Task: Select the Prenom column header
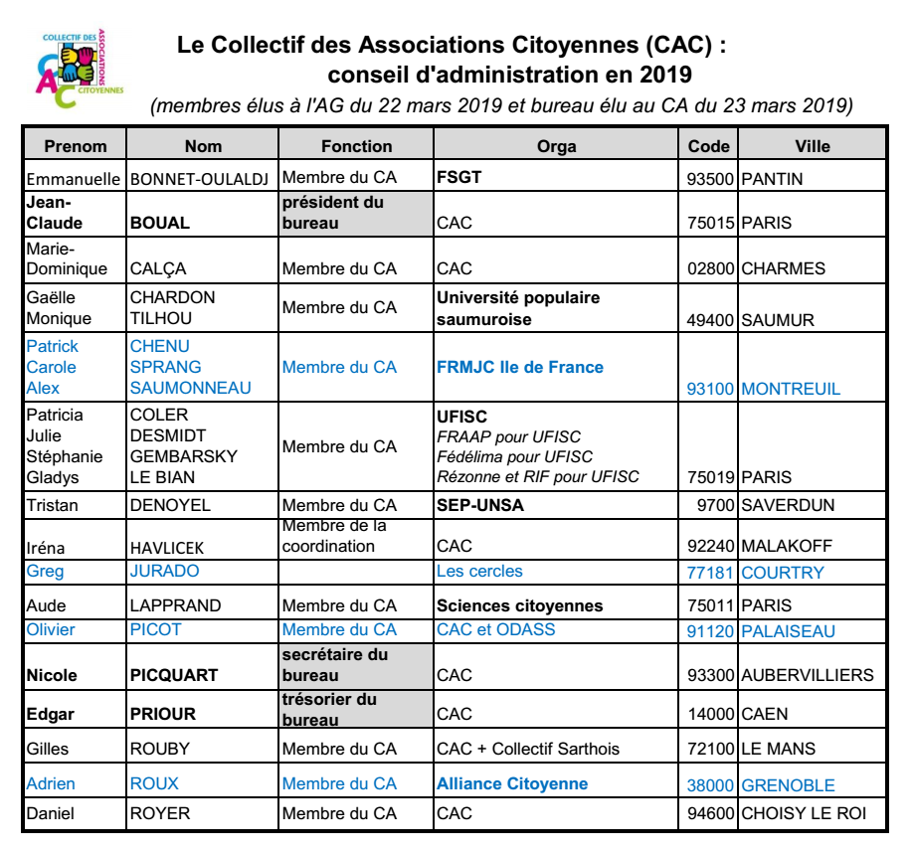pos(76,146)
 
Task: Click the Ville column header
pos(813,146)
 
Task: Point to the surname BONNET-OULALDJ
pos(202,179)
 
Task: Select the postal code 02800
pos(710,268)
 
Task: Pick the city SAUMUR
pos(778,320)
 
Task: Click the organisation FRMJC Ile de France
pos(520,367)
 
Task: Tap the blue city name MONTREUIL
pos(790,389)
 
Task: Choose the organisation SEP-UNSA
pos(480,505)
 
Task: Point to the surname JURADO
pos(165,571)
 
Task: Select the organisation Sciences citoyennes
pos(520,605)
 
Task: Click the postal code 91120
pos(710,631)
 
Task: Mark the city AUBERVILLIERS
pos(807,675)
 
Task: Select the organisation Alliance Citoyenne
pos(512,783)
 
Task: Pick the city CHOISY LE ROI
pos(803,814)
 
